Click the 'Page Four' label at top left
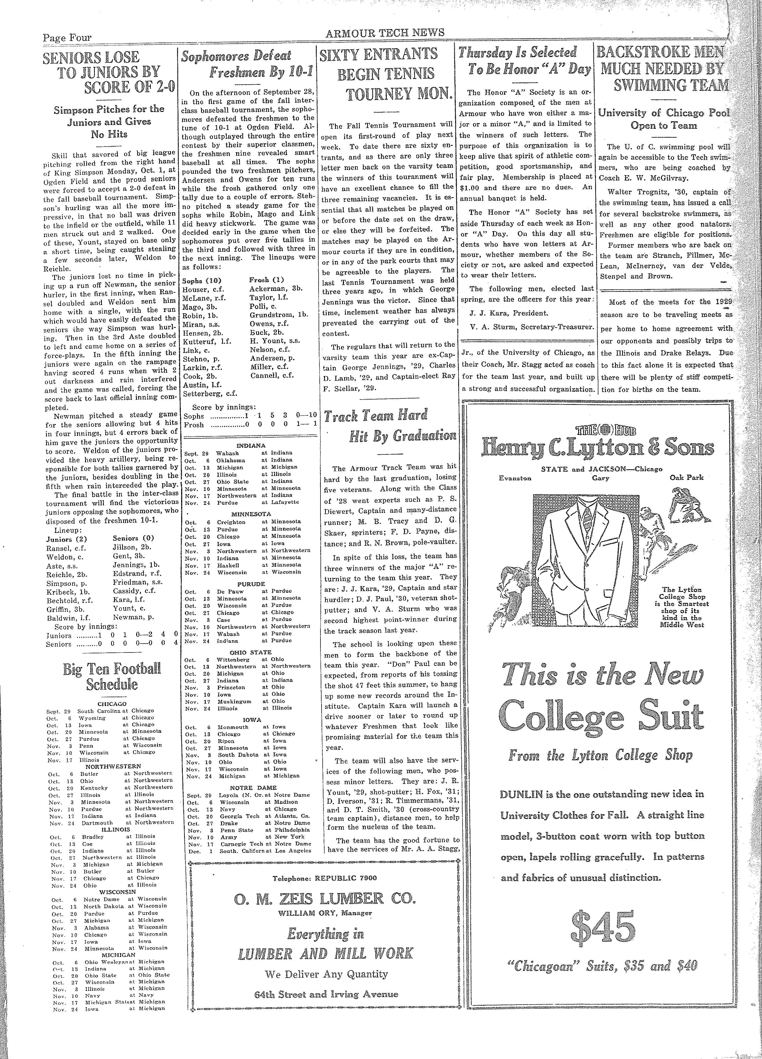[x=67, y=38]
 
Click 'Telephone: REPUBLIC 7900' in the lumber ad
[x=325, y=878]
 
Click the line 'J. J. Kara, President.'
[x=502, y=313]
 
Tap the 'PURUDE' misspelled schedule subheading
[x=251, y=584]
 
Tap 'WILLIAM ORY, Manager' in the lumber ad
[x=325, y=912]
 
